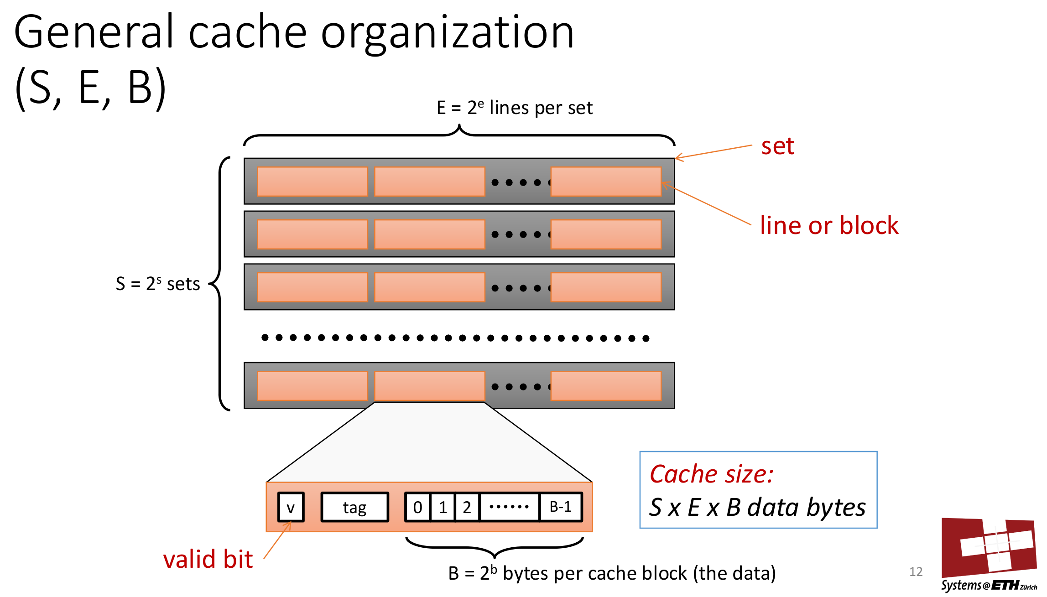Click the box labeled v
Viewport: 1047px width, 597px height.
tap(291, 507)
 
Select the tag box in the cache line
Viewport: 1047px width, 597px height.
tap(354, 507)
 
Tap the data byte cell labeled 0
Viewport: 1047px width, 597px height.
tap(417, 507)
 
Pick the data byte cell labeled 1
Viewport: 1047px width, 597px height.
tap(443, 507)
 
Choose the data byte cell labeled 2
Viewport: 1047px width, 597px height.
tap(467, 507)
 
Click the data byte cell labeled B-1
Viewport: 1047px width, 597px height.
tap(560, 507)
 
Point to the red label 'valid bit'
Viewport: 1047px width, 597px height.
tap(208, 559)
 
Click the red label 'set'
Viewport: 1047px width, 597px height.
tap(777, 146)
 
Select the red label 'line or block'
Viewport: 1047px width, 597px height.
tap(829, 225)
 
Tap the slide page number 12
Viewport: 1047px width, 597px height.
tap(916, 572)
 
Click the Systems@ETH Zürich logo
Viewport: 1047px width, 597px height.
tap(989, 554)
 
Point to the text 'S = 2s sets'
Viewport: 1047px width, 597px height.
tap(158, 284)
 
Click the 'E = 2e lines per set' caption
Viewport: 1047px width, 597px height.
tap(514, 108)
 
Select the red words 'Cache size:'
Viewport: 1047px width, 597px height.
tap(711, 474)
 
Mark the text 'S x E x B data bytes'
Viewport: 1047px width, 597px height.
tap(757, 507)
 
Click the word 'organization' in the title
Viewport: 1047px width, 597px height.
tap(447, 33)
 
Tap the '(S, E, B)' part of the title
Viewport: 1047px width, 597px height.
tap(90, 88)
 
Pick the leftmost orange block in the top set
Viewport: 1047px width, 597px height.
tap(312, 182)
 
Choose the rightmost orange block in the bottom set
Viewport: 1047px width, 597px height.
tap(606, 386)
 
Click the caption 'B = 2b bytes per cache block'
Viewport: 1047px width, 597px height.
tap(611, 573)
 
